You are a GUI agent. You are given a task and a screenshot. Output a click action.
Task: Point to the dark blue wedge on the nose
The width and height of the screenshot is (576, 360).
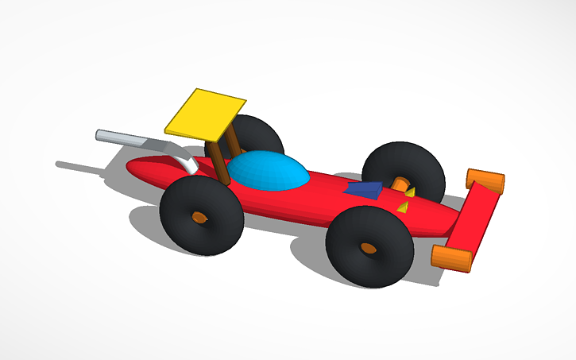coord(365,190)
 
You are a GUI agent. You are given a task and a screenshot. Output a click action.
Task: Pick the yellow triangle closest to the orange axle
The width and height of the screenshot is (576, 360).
coord(410,192)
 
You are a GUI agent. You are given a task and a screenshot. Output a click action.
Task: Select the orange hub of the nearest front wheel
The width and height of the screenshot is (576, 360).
coord(368,249)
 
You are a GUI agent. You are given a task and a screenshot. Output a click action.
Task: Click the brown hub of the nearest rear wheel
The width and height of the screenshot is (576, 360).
coord(199,217)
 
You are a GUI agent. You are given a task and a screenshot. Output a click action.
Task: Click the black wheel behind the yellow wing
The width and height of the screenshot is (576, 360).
coord(253,133)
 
